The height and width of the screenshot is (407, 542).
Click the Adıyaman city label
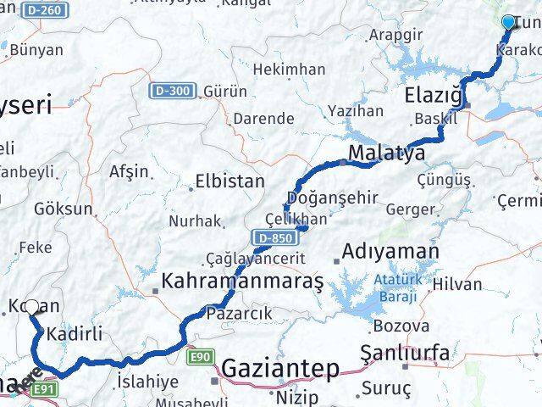392,252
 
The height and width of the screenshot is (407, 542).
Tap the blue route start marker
508,22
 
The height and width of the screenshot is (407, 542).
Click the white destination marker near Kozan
31,308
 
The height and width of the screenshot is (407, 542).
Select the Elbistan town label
230,181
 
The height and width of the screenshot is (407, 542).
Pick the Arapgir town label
396,36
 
